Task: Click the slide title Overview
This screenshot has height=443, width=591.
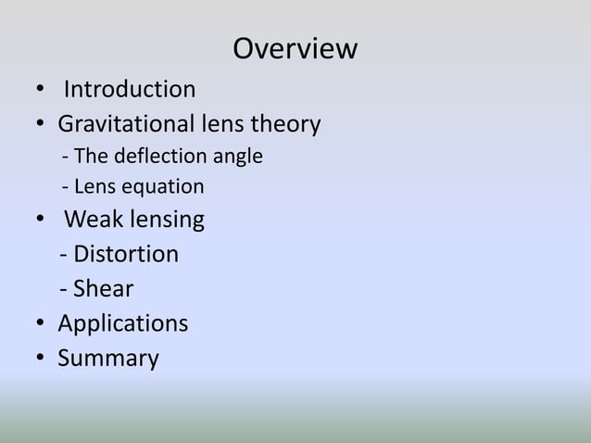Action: click(295, 48)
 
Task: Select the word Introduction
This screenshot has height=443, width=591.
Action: click(129, 90)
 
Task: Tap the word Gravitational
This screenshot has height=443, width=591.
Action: click(124, 124)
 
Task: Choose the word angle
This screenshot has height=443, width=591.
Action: click(238, 157)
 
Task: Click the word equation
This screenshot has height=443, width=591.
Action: click(162, 187)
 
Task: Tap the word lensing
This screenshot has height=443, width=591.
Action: click(167, 221)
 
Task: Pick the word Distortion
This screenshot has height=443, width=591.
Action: click(126, 254)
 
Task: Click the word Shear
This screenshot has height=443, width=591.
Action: click(103, 289)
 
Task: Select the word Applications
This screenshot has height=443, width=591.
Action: click(122, 324)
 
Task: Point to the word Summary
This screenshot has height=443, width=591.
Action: click(107, 359)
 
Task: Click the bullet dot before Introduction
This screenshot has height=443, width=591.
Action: click(40, 91)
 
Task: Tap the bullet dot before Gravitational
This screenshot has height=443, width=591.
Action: click(40, 124)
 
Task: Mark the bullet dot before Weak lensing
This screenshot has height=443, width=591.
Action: click(40, 221)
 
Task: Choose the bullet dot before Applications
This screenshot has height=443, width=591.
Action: click(40, 324)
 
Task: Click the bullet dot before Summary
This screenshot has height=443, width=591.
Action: click(40, 359)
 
